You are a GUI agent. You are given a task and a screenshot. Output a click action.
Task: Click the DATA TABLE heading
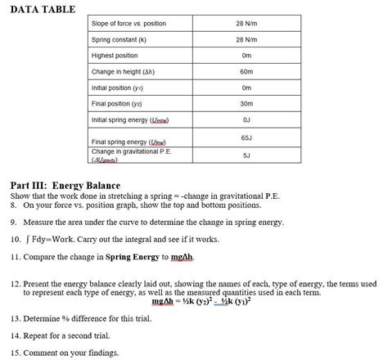[x=42, y=9]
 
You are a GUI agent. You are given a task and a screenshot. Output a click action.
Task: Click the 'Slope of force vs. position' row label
[x=129, y=24]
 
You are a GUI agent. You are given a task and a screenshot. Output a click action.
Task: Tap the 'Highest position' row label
[x=115, y=56]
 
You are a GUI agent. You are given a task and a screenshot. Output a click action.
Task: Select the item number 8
[x=14, y=205]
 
